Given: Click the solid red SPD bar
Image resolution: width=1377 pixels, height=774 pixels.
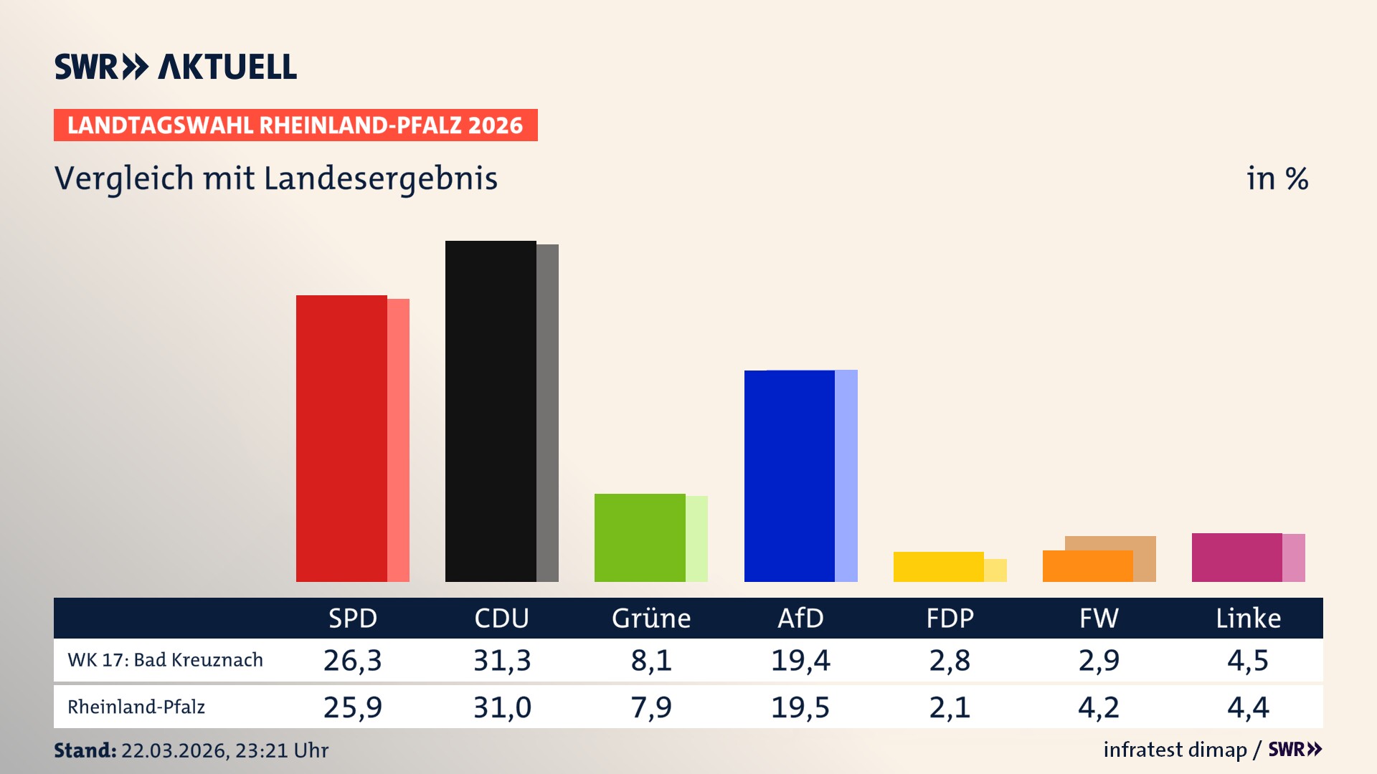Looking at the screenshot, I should [x=341, y=439].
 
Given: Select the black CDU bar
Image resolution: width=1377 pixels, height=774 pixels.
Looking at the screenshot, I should [x=491, y=411].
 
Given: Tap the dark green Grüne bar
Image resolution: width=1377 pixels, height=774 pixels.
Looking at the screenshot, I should [x=640, y=537].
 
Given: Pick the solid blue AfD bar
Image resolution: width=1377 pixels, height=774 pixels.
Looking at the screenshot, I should [x=790, y=476].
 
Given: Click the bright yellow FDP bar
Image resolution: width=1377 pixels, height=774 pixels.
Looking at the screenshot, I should [x=938, y=567].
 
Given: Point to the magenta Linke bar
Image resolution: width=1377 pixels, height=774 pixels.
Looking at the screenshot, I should [x=1236, y=558].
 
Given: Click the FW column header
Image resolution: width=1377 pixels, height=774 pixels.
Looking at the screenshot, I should [x=1099, y=618].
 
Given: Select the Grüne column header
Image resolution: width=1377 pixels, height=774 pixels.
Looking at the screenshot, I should [x=651, y=618].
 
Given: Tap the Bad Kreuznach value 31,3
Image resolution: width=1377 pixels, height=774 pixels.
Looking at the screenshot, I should [x=502, y=660].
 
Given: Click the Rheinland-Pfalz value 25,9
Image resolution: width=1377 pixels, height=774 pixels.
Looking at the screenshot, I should [x=353, y=707].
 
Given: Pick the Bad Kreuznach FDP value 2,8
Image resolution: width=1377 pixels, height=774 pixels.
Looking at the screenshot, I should [x=950, y=660].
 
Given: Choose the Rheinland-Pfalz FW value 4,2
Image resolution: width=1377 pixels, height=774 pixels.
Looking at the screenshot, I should [x=1099, y=707].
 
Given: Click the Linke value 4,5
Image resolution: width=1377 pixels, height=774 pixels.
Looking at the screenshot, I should [x=1248, y=660].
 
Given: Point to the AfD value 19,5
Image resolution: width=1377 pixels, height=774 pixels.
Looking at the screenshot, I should [x=800, y=707].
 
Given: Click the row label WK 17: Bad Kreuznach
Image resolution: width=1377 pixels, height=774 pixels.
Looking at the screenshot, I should [x=165, y=660].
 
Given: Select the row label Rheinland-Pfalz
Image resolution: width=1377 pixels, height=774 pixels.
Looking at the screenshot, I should [x=136, y=707].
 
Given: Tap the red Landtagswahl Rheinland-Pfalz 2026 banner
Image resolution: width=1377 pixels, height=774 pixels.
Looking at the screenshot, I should [x=295, y=125].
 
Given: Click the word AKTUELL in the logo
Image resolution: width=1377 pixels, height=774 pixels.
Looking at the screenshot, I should [x=227, y=67].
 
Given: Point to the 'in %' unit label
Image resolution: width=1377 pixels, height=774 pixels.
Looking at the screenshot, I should [x=1277, y=179].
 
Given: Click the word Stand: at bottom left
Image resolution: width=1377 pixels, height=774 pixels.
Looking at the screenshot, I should [x=85, y=750].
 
